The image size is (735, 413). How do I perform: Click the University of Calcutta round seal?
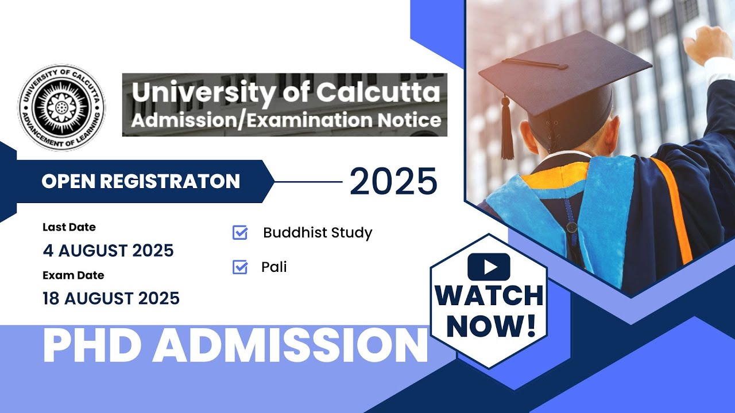61,107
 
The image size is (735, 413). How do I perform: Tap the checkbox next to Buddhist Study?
240,232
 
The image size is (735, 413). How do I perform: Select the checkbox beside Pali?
240,267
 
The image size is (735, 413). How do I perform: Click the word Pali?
274,267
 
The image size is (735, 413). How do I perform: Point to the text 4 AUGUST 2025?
109,251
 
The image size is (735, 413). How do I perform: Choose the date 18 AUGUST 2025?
111,298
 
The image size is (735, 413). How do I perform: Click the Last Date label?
69,227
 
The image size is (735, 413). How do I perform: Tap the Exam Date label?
73,275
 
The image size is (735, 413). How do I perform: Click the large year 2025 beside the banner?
393,182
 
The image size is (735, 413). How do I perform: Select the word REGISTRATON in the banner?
170,181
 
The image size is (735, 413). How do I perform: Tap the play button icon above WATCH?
489,267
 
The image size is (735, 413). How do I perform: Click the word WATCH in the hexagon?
489,296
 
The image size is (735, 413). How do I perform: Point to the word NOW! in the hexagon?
491,326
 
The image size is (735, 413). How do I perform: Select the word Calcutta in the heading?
378,92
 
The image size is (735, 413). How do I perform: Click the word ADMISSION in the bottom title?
291,345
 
